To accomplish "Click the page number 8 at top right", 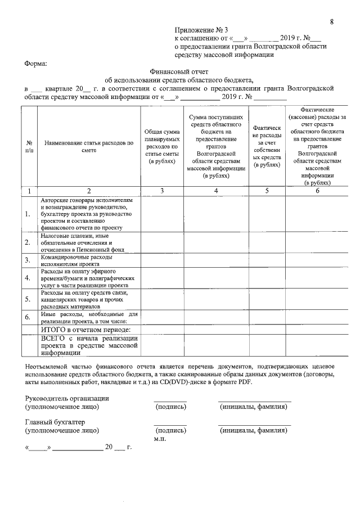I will click(x=332, y=22).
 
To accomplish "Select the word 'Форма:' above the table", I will click(x=35, y=64).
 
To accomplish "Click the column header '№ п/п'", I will click(x=29, y=147).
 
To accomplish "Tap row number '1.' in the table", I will click(x=28, y=214).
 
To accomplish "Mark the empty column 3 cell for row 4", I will click(x=161, y=278).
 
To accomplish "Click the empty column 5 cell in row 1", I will click(x=267, y=214).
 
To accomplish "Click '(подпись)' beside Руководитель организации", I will click(x=170, y=407).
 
